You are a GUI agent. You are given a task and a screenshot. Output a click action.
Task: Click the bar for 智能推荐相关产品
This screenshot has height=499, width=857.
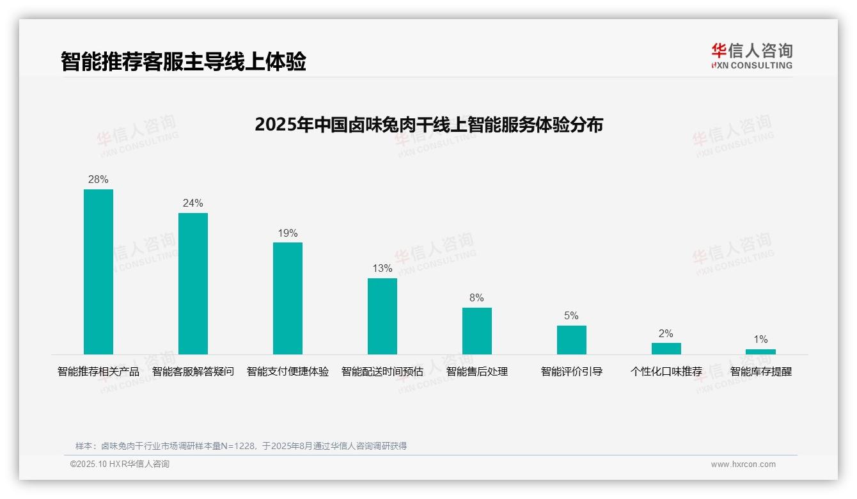(98, 272)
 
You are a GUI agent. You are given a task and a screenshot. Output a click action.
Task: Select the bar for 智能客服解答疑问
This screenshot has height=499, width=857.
(193, 283)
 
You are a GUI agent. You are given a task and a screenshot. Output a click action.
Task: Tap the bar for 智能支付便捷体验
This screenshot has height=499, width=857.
(288, 298)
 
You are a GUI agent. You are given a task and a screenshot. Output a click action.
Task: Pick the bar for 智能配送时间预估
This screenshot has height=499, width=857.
(382, 316)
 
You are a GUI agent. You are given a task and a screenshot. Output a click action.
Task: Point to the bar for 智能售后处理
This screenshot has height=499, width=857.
(477, 331)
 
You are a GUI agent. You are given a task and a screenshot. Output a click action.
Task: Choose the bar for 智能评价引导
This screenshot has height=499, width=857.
(572, 340)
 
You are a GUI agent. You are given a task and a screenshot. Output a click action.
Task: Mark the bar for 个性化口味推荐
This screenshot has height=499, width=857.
(666, 349)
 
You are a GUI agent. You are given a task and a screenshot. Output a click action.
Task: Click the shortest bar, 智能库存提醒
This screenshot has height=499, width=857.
(760, 352)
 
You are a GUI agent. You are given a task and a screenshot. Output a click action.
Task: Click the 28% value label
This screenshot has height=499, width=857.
(98, 180)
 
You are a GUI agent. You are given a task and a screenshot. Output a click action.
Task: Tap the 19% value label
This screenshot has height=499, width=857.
(288, 234)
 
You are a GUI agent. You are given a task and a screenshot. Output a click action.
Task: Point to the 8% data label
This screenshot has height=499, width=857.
(476, 298)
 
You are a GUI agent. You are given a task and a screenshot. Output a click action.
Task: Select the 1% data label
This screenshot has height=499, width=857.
(760, 340)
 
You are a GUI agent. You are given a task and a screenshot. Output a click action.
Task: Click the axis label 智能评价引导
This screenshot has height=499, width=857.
(572, 372)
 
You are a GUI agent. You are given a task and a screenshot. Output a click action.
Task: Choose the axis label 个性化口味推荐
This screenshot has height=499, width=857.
(666, 372)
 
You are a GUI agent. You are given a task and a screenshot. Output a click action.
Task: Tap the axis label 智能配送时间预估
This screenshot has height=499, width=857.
(382, 372)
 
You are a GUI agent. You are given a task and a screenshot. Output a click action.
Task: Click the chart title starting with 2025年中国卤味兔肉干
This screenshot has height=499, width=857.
(428, 125)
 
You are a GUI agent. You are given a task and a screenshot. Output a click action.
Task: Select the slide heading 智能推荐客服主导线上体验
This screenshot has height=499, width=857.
(184, 61)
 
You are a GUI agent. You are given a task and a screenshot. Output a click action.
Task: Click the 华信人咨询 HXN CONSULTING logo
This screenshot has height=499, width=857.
(751, 56)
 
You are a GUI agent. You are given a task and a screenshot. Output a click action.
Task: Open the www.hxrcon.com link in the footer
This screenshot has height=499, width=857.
(743, 464)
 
